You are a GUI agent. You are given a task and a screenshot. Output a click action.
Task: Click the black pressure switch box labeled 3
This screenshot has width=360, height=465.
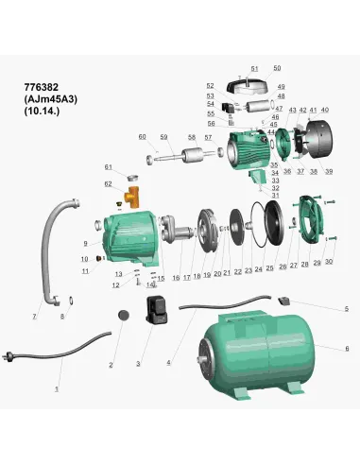coord(155,309)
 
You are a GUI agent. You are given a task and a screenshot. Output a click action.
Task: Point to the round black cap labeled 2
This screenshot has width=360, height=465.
coord(121,316)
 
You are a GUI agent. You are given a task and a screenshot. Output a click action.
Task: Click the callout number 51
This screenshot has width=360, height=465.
coord(254,69)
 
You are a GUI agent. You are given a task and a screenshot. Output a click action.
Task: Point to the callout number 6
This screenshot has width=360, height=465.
coord(346,349)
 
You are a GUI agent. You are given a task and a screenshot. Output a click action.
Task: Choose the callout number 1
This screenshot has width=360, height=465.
coord(56,389)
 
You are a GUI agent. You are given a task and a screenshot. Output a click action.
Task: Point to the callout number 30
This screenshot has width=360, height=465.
coord(329,262)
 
